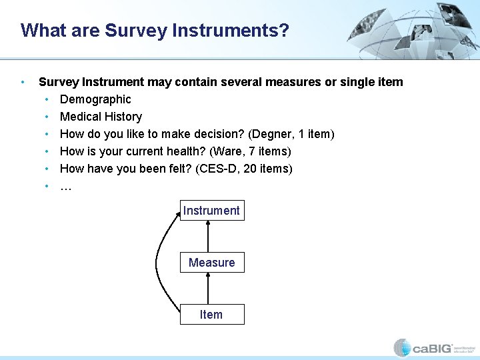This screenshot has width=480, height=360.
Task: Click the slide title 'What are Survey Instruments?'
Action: [155, 31]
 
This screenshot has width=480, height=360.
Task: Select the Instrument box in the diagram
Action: [211, 211]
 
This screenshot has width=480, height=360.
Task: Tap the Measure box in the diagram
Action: [211, 263]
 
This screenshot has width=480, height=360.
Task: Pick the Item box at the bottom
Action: [211, 315]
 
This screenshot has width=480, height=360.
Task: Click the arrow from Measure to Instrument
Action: [209, 237]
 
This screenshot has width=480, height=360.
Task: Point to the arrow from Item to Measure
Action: [209, 289]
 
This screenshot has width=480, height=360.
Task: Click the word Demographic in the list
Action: [95, 99]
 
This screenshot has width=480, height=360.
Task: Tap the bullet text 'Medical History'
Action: [101, 117]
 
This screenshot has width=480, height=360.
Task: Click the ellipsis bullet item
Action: [66, 187]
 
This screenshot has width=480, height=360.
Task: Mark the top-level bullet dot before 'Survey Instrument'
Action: [23, 82]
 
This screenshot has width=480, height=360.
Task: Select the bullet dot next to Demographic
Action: [47, 99]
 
